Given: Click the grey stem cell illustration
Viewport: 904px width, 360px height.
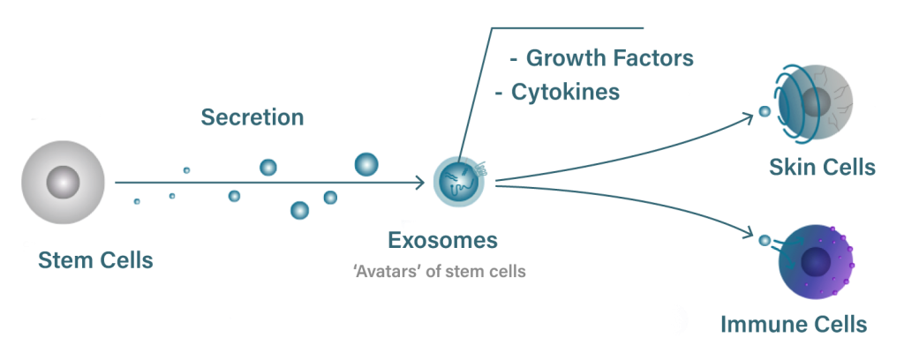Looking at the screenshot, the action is (63, 182).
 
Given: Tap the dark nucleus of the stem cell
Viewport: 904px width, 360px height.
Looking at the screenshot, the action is (63, 182).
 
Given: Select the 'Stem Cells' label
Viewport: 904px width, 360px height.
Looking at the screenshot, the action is (95, 260).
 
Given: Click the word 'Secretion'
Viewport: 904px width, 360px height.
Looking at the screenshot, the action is (252, 117).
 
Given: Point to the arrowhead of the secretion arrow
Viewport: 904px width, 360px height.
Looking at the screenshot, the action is (419, 183).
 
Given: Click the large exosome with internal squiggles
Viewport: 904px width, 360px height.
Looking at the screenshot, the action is (459, 182).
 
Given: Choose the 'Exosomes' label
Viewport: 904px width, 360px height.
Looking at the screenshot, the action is (443, 240).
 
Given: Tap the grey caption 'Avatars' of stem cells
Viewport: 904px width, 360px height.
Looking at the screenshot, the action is (440, 271).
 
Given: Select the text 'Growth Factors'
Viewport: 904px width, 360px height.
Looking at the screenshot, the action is (609, 57).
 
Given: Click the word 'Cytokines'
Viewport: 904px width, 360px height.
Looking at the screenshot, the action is (566, 92).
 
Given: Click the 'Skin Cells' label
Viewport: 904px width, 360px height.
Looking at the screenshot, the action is (822, 167).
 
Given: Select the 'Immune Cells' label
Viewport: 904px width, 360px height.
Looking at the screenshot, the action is (794, 324).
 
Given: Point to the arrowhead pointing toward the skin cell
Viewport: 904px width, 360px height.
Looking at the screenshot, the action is (749, 117).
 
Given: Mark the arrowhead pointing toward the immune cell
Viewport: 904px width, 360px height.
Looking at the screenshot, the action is (749, 233).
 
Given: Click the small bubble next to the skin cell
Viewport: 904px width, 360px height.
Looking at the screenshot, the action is (765, 112).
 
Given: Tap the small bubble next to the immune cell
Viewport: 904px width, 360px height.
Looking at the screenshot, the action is (765, 241).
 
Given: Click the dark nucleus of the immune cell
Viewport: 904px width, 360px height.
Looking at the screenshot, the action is (815, 263).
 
